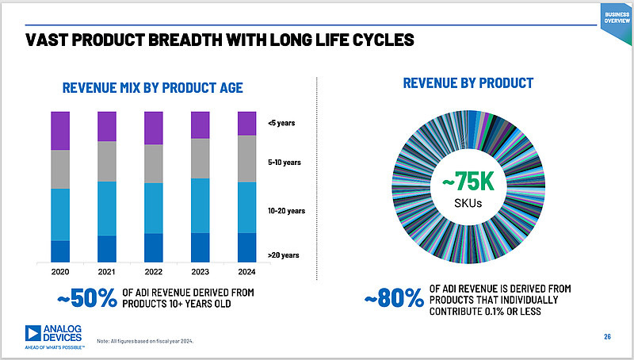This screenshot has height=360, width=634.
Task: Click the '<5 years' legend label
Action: [282, 122]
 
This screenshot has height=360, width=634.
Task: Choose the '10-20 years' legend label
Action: [287, 211]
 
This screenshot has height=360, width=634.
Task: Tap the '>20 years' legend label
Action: [284, 255]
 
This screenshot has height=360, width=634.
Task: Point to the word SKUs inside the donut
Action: [468, 204]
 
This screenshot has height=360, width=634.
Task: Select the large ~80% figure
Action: [394, 298]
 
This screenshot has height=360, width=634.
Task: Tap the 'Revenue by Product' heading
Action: [468, 83]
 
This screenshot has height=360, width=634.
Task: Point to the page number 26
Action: [607, 337]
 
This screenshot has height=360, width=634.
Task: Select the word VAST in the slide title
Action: [49, 40]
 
